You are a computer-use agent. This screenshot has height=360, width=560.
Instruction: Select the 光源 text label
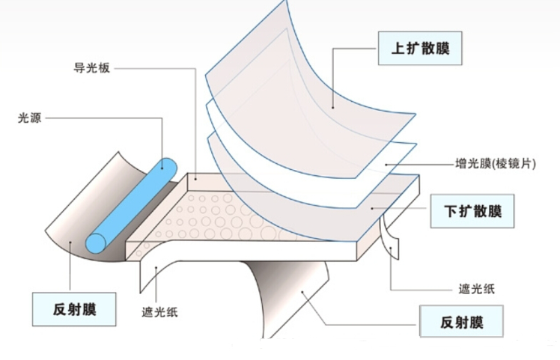[x=29, y=118]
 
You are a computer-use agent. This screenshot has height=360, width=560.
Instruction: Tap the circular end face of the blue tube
[x=96, y=242]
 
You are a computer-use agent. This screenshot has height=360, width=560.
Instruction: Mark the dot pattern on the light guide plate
[x=217, y=217]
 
